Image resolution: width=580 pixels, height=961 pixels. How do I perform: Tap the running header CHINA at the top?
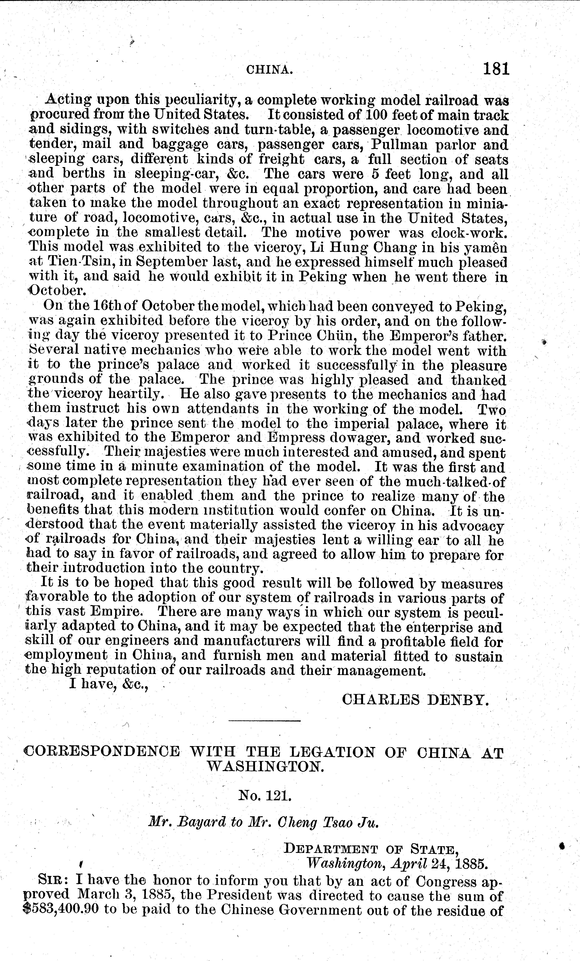(269, 70)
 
